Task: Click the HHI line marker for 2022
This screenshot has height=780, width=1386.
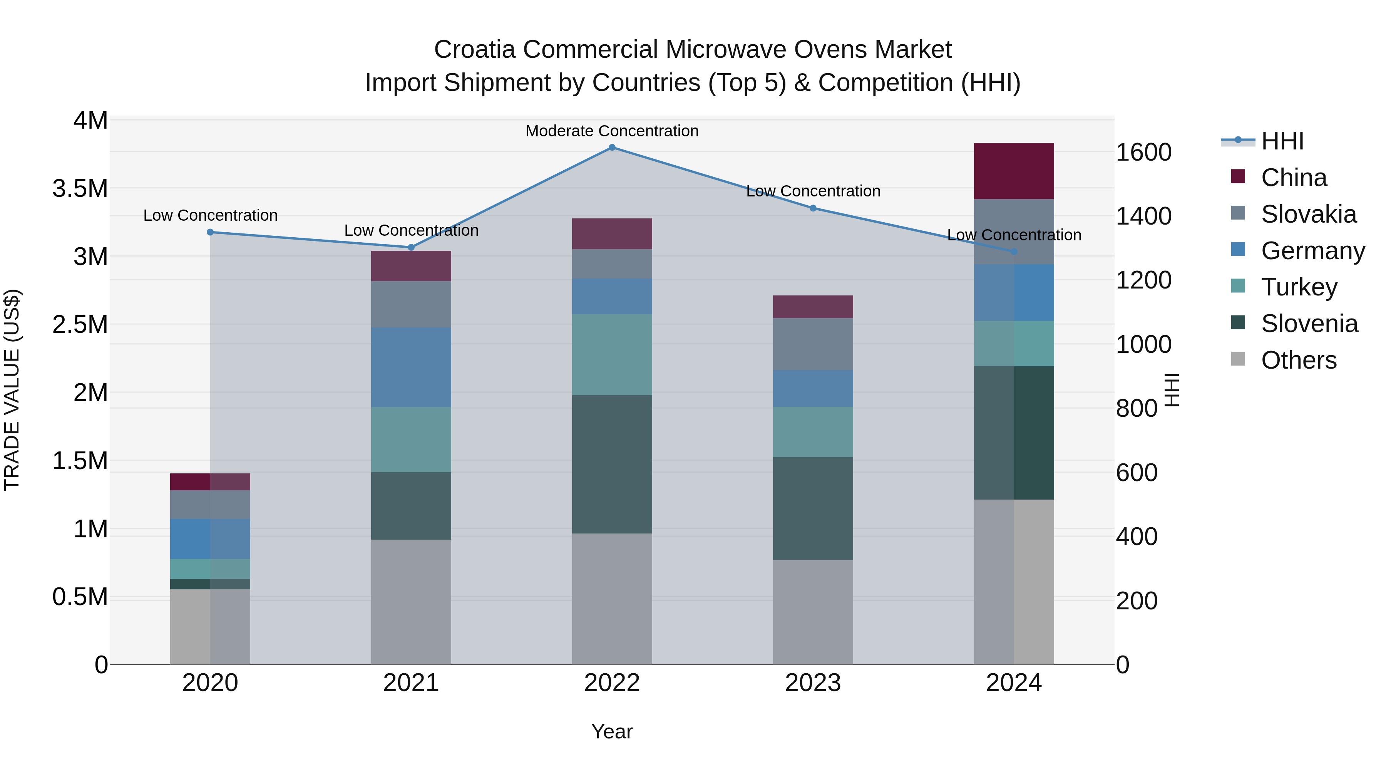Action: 612,148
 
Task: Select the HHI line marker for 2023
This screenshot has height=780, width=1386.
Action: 813,208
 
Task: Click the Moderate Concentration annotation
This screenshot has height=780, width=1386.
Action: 612,131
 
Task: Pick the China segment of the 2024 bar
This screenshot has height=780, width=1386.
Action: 1014,171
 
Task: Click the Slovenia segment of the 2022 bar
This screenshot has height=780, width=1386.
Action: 612,464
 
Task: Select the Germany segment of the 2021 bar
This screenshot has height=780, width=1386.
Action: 411,367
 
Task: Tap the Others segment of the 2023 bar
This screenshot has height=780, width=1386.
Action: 813,612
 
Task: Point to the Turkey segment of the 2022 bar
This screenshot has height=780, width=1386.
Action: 612,355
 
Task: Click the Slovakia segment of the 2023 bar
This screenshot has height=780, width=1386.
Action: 813,344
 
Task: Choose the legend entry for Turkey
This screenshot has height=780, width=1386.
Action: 1299,287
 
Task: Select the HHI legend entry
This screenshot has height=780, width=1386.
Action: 1282,141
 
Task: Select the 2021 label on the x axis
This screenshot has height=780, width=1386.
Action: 411,683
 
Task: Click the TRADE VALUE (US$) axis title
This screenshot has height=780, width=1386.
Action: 12,390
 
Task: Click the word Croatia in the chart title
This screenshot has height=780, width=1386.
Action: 475,50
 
